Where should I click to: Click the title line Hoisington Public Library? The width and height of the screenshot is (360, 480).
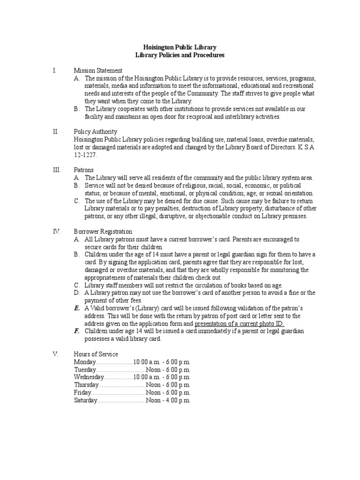pyautogui.click(x=180, y=47)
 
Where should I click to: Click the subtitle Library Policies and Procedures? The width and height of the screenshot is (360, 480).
pyautogui.click(x=180, y=55)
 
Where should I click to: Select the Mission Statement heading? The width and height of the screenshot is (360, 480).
pyautogui.click(x=98, y=70)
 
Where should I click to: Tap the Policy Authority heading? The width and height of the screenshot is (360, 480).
pyautogui.click(x=95, y=132)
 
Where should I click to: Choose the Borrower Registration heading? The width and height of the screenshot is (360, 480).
pyautogui.click(x=103, y=231)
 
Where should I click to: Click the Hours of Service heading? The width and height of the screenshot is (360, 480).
pyautogui.click(x=96, y=354)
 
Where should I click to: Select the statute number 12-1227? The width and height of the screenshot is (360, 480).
pyautogui.click(x=85, y=155)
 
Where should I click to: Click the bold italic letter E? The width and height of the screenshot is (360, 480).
pyautogui.click(x=76, y=308)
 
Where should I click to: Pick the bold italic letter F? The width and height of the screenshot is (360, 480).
pyautogui.click(x=76, y=331)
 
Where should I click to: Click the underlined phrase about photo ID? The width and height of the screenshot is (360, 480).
pyautogui.click(x=240, y=323)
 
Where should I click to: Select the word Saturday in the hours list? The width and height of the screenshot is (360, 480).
pyautogui.click(x=86, y=400)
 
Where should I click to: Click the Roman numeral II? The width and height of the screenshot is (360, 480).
pyautogui.click(x=55, y=132)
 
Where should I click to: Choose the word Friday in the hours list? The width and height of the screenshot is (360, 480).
pyautogui.click(x=82, y=392)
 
